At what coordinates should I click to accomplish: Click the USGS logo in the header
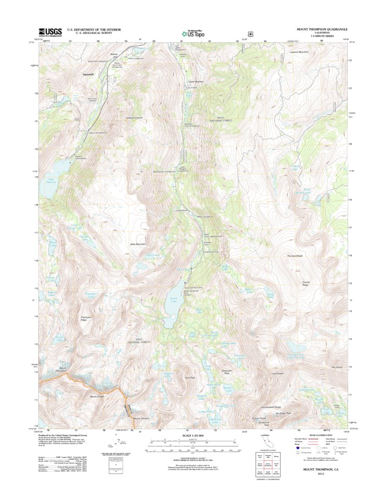point(50,32)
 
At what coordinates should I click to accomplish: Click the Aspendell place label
point(91,75)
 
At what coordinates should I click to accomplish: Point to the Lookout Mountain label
point(299,52)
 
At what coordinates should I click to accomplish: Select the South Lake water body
point(172,306)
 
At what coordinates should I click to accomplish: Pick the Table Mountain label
point(137,244)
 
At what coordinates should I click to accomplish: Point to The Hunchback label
point(294,256)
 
